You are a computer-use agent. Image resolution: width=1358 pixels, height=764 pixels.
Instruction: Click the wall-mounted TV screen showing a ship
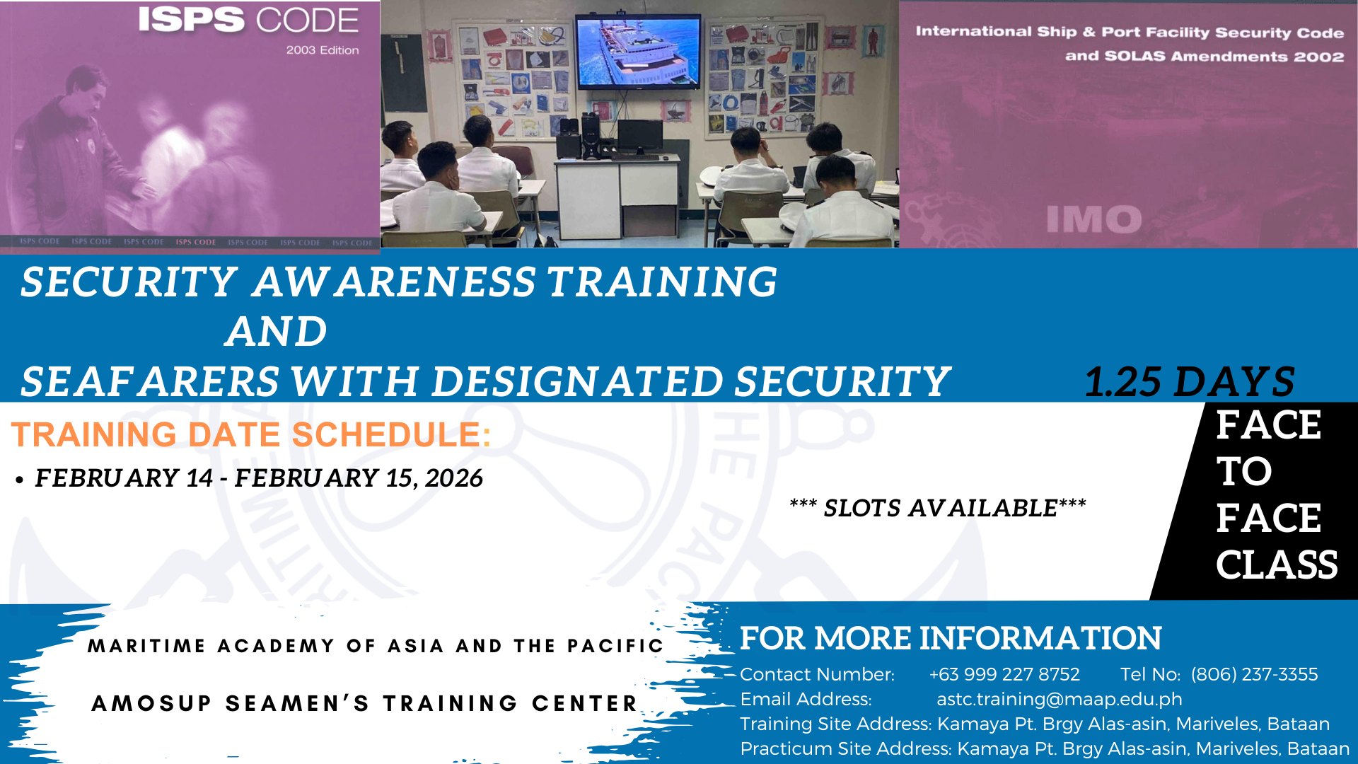pyautogui.click(x=637, y=52)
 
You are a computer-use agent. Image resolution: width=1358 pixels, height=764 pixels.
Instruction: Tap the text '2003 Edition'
pyautogui.click(x=323, y=50)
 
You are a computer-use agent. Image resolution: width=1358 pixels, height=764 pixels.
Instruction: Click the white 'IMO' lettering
pyautogui.click(x=1094, y=219)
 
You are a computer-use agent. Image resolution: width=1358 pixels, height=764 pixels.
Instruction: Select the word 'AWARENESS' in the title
pyautogui.click(x=395, y=282)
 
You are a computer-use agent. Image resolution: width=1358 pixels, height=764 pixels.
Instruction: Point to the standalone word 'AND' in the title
pyautogui.click(x=277, y=331)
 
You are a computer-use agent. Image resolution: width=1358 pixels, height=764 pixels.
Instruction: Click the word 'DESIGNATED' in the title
pyautogui.click(x=577, y=381)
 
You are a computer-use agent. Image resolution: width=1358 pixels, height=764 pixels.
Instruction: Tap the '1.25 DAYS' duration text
pyautogui.click(x=1190, y=381)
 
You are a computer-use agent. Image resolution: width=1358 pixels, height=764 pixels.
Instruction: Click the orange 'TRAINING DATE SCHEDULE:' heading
pyautogui.click(x=251, y=434)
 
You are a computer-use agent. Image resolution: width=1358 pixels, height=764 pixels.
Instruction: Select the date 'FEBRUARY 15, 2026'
pyautogui.click(x=359, y=478)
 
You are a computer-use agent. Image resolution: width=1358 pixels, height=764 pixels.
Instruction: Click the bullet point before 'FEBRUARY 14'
pyautogui.click(x=20, y=480)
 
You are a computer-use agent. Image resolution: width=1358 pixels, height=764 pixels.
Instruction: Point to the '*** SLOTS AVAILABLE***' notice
pyautogui.click(x=938, y=507)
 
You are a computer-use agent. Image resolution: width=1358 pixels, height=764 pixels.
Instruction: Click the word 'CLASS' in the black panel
pyautogui.click(x=1277, y=565)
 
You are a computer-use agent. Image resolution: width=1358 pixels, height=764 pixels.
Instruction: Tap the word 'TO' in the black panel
pyautogui.click(x=1244, y=471)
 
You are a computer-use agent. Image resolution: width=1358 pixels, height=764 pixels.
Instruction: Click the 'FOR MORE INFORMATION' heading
pyautogui.click(x=951, y=638)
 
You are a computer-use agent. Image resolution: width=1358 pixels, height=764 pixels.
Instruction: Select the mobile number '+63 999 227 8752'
pyautogui.click(x=1004, y=674)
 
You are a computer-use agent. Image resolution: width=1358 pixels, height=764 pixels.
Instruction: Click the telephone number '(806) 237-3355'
pyautogui.click(x=1255, y=674)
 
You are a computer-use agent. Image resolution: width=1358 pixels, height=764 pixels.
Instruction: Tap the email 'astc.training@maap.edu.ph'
pyautogui.click(x=1060, y=699)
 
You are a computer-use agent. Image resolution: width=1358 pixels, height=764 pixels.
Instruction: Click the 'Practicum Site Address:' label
pyautogui.click(x=846, y=748)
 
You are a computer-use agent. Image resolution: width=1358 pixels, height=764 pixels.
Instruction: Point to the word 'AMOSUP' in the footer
pyautogui.click(x=151, y=703)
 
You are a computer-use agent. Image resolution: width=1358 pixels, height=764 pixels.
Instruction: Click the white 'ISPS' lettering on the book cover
pyautogui.click(x=192, y=21)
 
